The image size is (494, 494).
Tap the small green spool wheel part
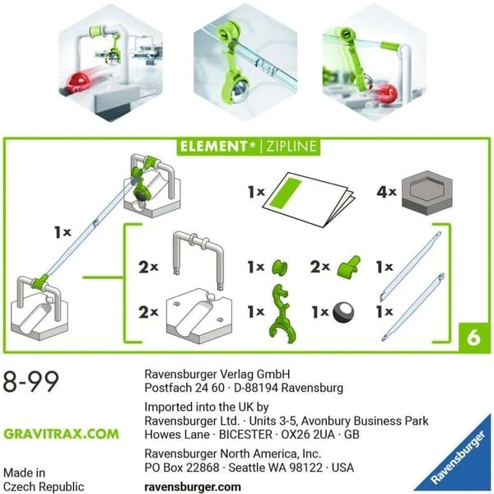(x=279, y=268)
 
